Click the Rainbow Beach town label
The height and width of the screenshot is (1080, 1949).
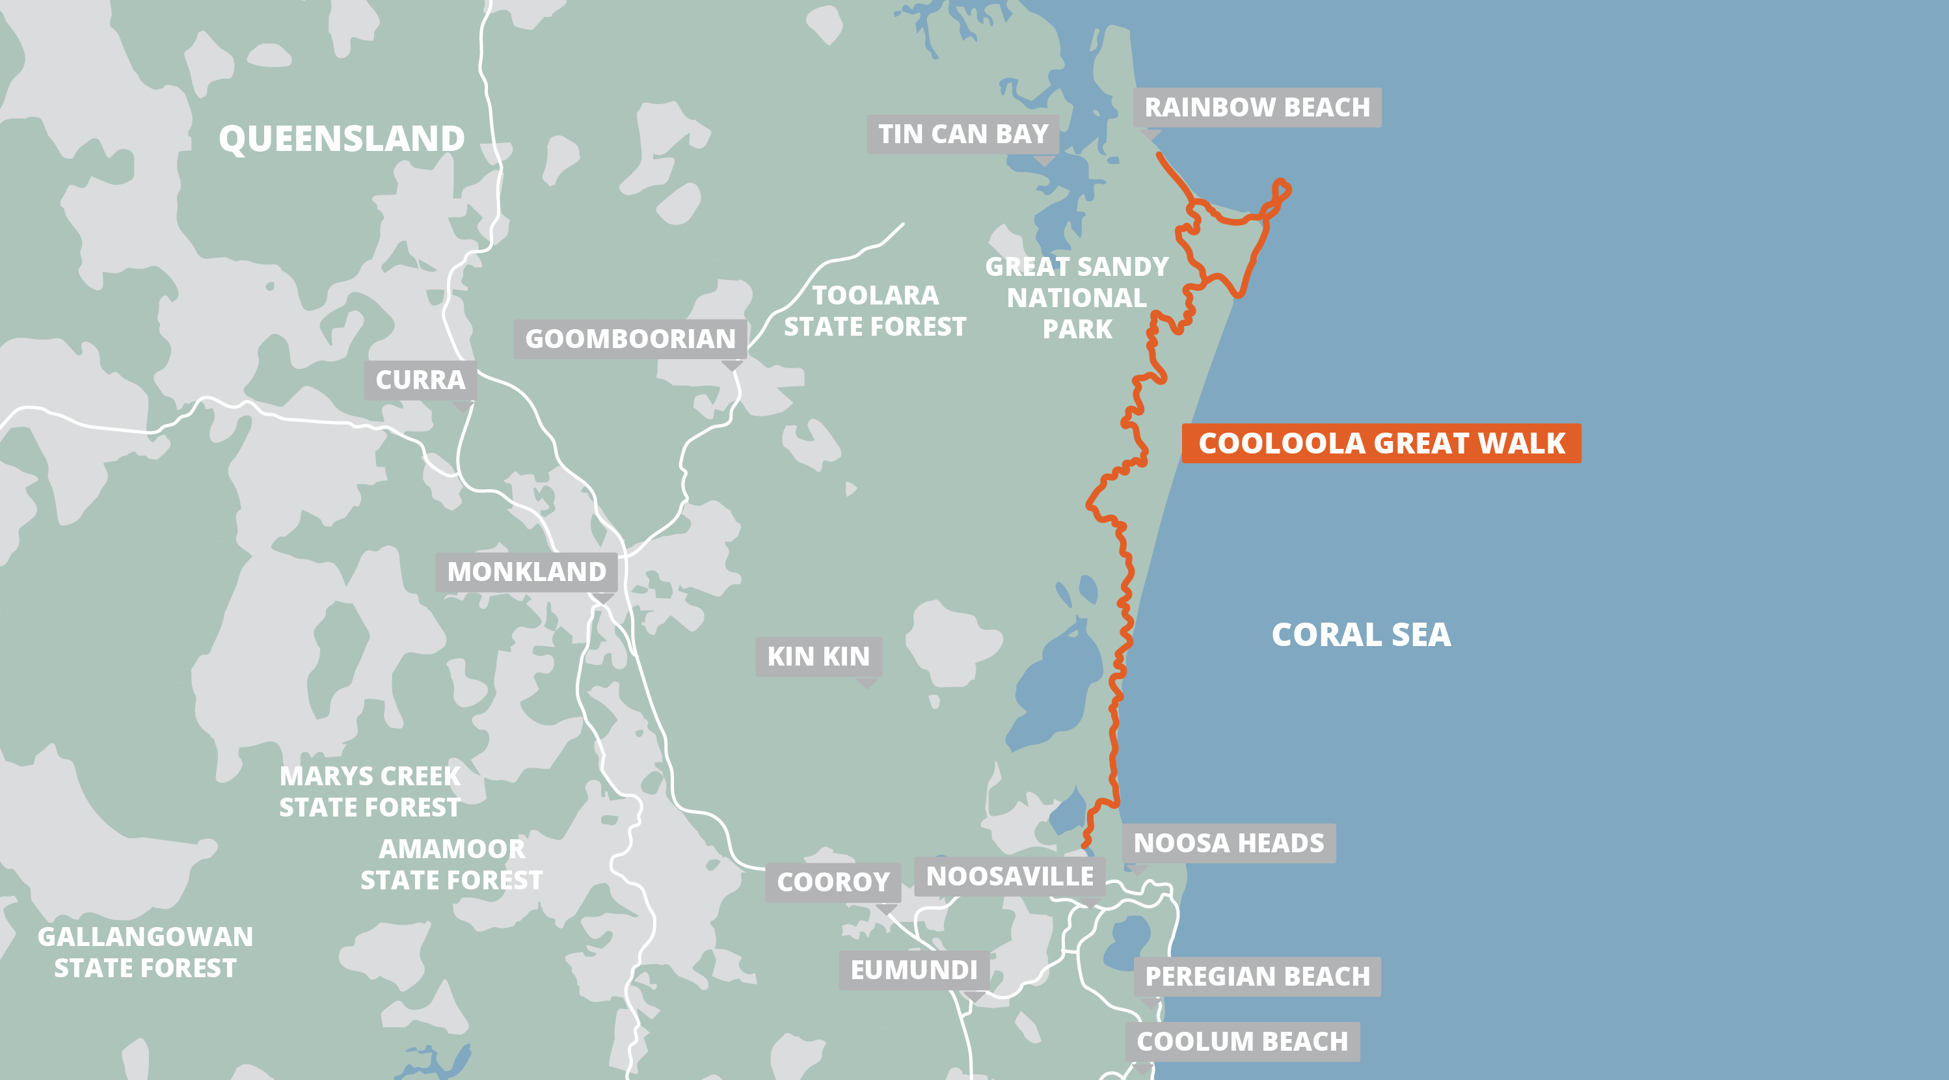pos(1257,107)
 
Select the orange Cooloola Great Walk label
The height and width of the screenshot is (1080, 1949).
pos(1381,444)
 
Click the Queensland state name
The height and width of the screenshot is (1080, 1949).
pos(342,139)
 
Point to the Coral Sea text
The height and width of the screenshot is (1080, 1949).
pos(1360,635)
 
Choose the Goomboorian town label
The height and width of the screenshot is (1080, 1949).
pos(630,339)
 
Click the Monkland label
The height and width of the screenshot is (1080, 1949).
pos(526,572)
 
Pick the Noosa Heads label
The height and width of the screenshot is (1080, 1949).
pos(1229,843)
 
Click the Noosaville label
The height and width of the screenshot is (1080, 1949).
pos(1010,876)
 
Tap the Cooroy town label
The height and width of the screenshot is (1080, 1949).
pos(833,882)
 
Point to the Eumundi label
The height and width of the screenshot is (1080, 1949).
pos(914,970)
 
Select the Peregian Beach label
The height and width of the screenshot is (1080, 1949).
pos(1257,977)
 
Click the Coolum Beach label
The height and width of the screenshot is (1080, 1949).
pos(1242,1042)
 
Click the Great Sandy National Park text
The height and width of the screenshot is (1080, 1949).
pos(1077,298)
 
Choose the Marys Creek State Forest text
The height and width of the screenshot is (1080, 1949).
pos(370,792)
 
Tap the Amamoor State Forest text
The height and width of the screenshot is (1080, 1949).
pos(451,864)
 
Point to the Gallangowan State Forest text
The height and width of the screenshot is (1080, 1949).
pos(145,952)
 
